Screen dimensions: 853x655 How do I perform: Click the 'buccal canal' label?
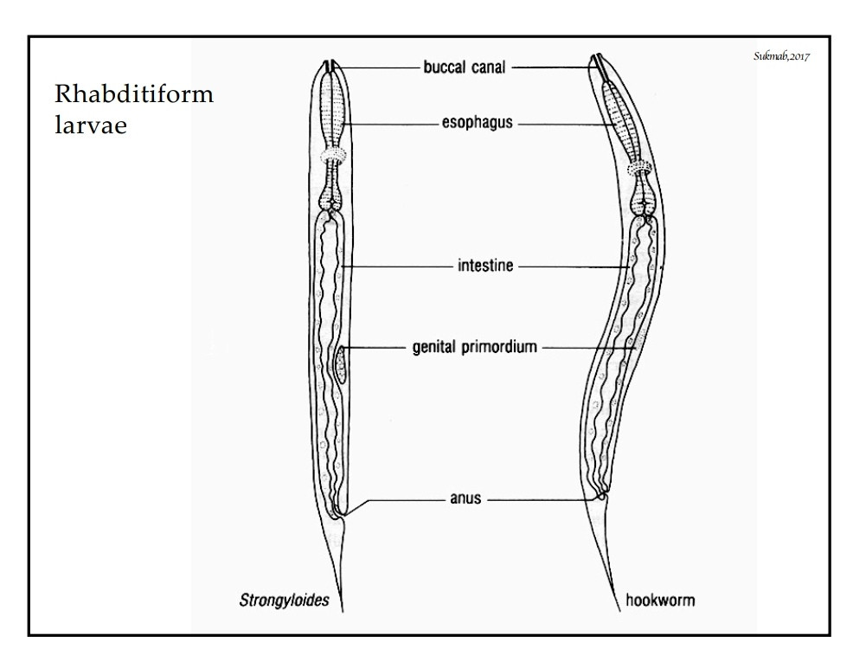point(465,67)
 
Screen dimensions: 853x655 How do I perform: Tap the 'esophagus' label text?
point(477,122)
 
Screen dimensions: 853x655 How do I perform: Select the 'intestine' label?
point(485,266)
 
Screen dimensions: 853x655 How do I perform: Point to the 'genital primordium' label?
point(474,347)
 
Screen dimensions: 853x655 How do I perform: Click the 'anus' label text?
point(465,498)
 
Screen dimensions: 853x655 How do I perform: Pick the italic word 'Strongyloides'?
point(284,600)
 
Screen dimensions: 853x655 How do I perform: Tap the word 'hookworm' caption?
point(660,600)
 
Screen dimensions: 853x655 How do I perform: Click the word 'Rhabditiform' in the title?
point(134,93)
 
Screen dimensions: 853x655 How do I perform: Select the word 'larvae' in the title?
point(91,125)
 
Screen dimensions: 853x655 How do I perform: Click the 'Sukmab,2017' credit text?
point(782,56)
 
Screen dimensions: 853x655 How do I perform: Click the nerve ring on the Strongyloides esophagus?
point(332,156)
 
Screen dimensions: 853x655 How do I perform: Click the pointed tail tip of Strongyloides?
point(343,612)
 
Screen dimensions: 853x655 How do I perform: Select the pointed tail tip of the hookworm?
point(619,610)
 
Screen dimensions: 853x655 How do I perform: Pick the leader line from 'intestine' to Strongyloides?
point(396,266)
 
